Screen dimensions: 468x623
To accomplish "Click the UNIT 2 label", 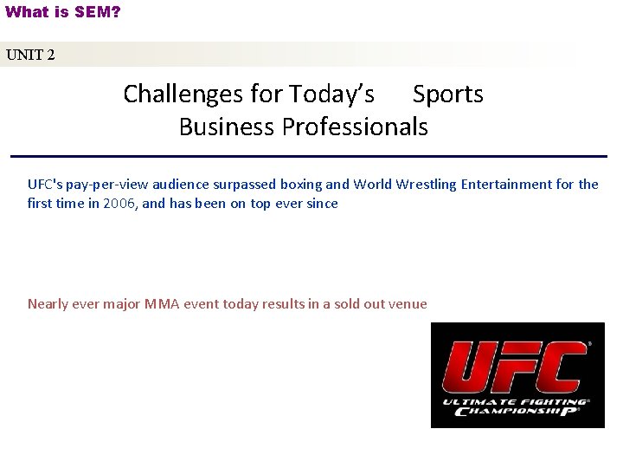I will (30, 55).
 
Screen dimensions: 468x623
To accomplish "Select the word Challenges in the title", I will (179, 94).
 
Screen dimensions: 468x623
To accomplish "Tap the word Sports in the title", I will (448, 94).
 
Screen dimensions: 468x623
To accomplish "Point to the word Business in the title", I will (227, 127).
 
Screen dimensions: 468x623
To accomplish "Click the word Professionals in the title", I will (355, 127).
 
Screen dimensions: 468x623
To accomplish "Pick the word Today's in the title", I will (332, 94).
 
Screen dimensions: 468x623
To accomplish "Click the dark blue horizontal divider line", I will (309, 156).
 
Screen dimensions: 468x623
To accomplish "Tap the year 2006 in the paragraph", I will (119, 204).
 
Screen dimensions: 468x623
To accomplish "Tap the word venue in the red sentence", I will (408, 303).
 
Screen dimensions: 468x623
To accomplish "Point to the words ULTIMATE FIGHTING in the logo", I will (515, 402).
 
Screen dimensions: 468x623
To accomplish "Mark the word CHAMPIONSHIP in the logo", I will (516, 412).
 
